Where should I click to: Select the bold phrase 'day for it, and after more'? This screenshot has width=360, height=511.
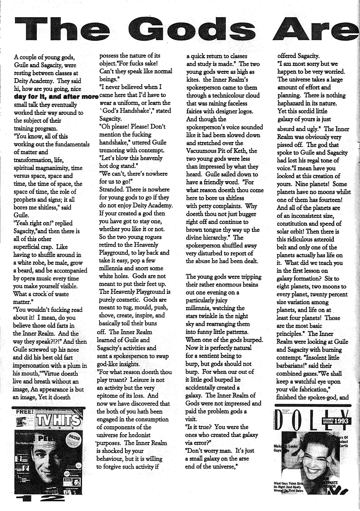56,97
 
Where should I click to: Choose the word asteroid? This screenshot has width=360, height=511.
322,239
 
